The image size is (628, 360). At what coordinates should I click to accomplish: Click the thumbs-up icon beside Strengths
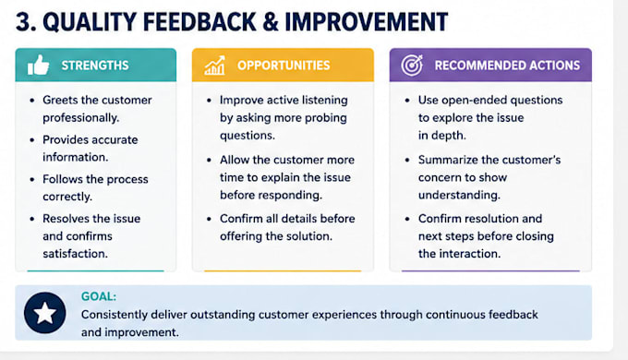pos(39,66)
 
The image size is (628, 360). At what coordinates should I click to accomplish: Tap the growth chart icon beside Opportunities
pos(214,66)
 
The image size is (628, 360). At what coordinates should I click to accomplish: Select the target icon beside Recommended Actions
pos(412,66)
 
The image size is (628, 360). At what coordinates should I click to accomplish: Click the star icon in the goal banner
pos(45,313)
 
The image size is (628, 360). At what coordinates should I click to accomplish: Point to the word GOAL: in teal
pos(99,296)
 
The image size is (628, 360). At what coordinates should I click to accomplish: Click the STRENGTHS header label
pos(95,66)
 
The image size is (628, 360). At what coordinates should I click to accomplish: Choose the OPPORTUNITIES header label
pos(284,66)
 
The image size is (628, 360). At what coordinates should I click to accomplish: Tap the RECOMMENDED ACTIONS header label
pos(507,66)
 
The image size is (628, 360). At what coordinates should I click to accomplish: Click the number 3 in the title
pos(24,22)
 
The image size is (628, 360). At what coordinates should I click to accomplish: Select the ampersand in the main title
pos(271,22)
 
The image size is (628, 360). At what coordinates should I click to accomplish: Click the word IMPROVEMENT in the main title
pos(366,22)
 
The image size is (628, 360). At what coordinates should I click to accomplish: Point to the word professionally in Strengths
pos(81,118)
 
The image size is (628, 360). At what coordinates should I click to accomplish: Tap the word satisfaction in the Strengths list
pos(76,254)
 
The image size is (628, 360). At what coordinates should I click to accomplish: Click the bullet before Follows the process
pos(32,179)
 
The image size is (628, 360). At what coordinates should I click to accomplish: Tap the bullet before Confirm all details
pos(209,219)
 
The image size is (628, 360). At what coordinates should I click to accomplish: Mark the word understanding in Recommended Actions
pos(459,196)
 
